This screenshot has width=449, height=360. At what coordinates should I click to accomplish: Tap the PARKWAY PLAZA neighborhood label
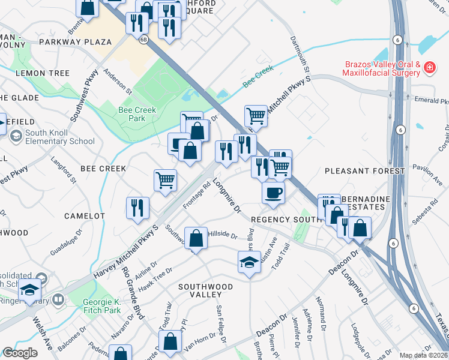75,42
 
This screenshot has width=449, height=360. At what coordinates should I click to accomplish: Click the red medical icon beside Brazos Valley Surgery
429,67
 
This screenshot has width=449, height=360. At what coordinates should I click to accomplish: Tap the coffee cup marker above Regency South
273,193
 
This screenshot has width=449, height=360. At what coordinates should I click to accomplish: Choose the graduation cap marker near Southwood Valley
249,262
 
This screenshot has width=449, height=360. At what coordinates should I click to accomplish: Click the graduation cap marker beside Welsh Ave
29,290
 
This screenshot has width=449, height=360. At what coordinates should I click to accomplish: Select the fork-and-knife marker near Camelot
137,208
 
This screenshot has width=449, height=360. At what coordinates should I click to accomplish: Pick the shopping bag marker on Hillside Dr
196,239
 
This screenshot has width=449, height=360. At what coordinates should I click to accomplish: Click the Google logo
20,352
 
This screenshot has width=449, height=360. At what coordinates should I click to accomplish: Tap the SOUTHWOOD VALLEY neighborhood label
205,287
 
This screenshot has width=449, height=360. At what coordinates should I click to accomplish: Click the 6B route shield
143,40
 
